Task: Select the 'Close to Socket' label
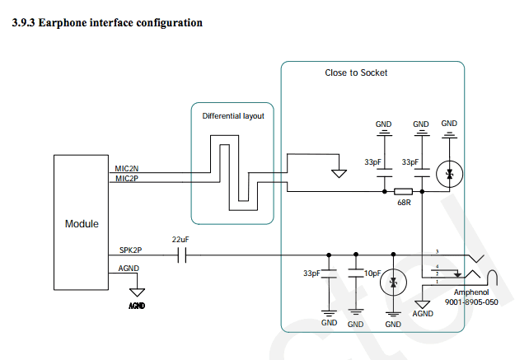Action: [x=356, y=73]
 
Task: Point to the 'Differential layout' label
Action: [x=233, y=116]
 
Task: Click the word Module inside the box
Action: [x=82, y=224]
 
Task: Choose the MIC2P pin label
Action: [x=127, y=178]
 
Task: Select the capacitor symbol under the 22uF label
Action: [x=183, y=256]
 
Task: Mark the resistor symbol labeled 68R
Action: [x=404, y=192]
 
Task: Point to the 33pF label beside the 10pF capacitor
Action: [x=311, y=273]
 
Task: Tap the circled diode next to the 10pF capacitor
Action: [x=394, y=283]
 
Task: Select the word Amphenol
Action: [x=471, y=292]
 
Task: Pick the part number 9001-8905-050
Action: [x=471, y=302]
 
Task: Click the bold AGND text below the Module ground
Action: [x=138, y=306]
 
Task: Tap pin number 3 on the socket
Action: [x=438, y=250]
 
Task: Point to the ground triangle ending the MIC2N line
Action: [x=338, y=173]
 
